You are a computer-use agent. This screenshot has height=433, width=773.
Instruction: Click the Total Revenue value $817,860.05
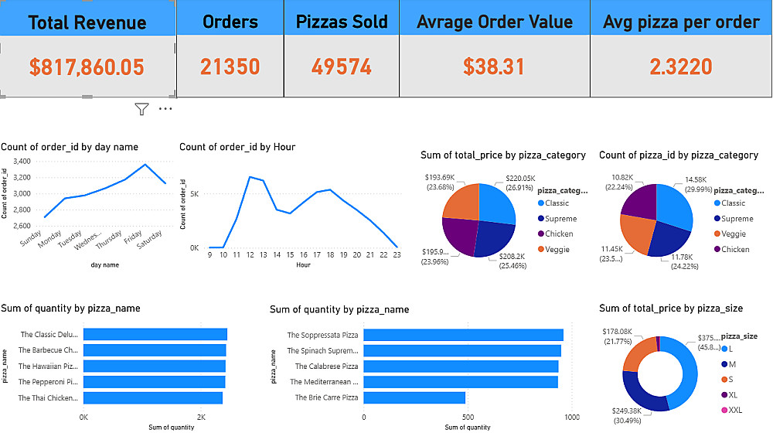click(87, 67)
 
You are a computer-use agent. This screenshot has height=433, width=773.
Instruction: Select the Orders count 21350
click(230, 67)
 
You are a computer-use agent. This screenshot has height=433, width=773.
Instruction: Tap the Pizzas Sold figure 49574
click(342, 67)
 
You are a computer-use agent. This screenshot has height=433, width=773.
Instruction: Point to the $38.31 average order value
click(494, 67)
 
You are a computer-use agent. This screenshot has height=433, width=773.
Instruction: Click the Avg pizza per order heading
click(681, 22)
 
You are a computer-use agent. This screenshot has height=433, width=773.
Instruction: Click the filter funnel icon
click(141, 110)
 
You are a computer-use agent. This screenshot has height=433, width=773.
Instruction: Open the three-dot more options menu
click(165, 110)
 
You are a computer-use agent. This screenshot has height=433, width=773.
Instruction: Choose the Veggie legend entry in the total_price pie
click(558, 249)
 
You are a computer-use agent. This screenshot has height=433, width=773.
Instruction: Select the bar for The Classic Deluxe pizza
click(155, 335)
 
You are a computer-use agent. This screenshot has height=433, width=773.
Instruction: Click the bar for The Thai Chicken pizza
click(152, 398)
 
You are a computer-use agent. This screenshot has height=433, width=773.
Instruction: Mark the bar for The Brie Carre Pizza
click(414, 398)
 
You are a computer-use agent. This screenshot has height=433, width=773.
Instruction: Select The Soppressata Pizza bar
click(462, 335)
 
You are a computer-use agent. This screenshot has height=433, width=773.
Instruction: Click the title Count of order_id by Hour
click(237, 147)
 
